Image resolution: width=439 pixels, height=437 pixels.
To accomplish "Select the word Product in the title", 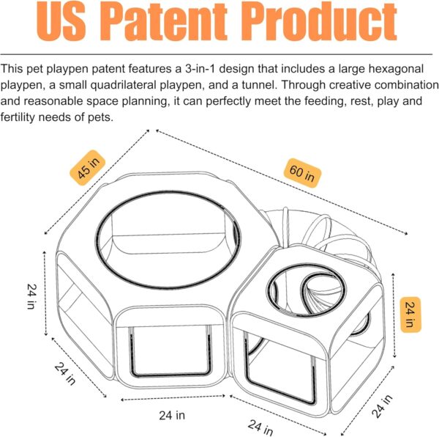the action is coord(319,21).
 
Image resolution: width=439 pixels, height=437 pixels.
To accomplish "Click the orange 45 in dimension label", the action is coord(87,168).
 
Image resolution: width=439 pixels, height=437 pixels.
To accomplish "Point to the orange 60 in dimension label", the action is coord(302,173).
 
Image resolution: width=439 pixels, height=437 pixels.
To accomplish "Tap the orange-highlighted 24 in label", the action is coord(410,315).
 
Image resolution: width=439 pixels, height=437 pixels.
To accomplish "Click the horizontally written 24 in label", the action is coord(172,415).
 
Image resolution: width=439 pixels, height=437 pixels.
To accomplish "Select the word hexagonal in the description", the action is coord(396,69).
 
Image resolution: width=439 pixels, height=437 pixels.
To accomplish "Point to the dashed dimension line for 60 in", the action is coord(282,182).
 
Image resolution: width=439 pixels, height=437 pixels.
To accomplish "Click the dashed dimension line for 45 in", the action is coord(97,182).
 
